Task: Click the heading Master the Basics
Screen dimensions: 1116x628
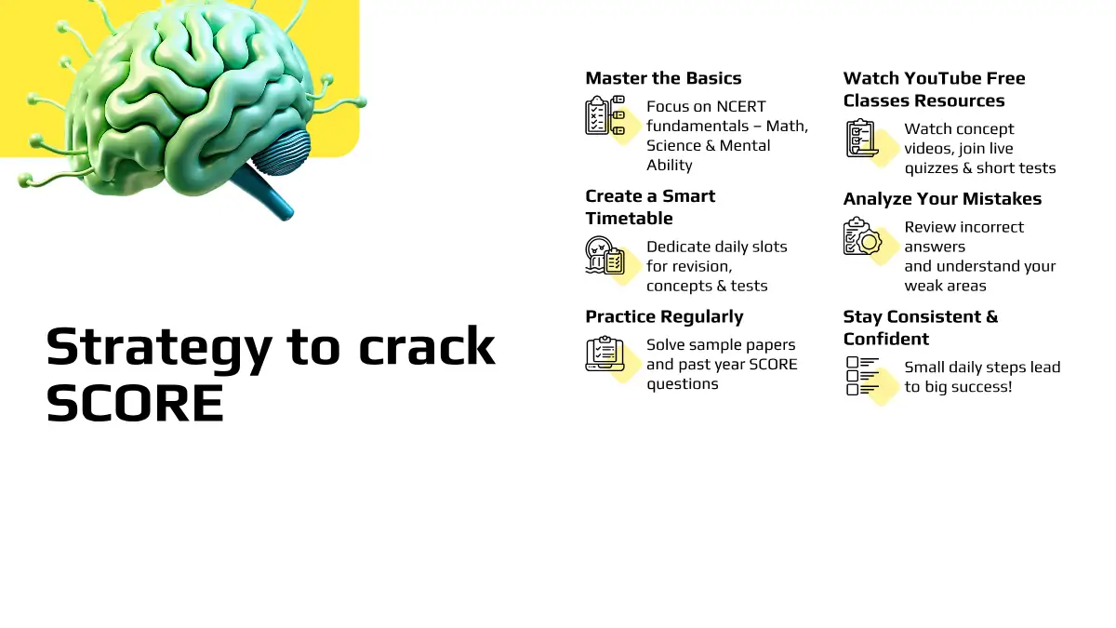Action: (x=663, y=78)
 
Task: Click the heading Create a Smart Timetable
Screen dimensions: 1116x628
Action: (x=650, y=207)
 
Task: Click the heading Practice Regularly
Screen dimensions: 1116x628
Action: (x=664, y=317)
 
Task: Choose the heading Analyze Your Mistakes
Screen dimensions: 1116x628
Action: (x=942, y=199)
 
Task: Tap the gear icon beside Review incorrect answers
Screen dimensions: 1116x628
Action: (x=870, y=242)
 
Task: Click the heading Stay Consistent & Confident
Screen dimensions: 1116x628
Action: (x=921, y=327)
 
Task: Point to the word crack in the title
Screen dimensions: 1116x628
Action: (x=427, y=345)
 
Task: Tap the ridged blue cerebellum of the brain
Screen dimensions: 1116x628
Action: (x=282, y=153)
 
